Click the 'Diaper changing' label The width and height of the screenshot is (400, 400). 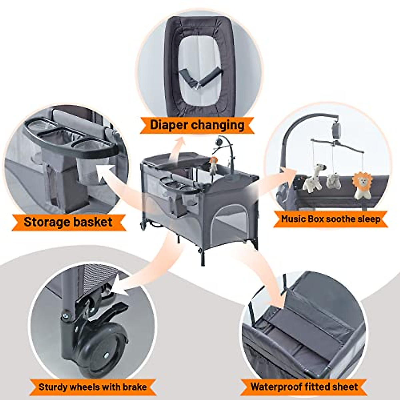197,125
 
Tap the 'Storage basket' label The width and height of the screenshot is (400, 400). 68,222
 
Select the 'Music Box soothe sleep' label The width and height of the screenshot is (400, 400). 330,219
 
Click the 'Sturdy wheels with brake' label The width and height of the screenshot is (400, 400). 93,387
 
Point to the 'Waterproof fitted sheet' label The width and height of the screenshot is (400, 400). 304,387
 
